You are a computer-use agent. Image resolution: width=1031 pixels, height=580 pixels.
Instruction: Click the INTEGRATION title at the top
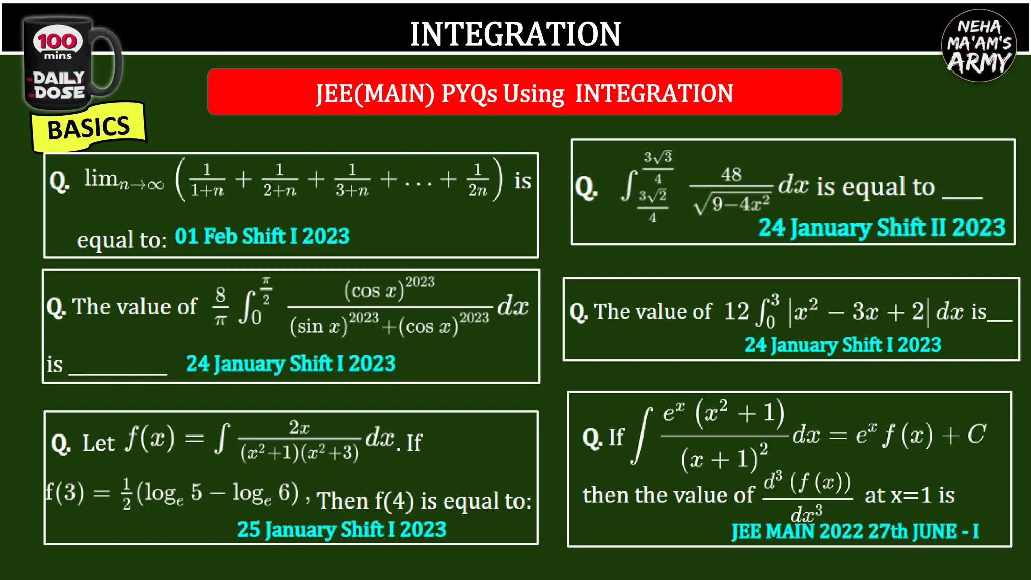[x=515, y=34]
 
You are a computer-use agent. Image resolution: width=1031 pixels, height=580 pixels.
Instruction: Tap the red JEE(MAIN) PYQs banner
[x=524, y=93]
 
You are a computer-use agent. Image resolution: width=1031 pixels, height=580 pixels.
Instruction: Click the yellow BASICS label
[x=89, y=128]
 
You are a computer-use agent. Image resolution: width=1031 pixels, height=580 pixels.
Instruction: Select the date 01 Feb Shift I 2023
[x=262, y=236]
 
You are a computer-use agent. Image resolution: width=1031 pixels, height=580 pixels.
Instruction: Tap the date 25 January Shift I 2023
[x=341, y=529]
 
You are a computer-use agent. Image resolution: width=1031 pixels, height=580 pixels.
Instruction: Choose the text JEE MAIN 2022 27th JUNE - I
[x=855, y=531]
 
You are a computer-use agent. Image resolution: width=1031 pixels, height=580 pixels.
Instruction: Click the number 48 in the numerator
[x=731, y=175]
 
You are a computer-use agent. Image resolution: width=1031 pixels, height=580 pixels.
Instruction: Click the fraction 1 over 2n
[x=477, y=180]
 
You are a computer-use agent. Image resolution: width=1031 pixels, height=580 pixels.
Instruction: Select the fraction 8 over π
[x=220, y=306]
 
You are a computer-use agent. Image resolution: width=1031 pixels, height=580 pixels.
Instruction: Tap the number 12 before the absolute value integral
[x=737, y=311]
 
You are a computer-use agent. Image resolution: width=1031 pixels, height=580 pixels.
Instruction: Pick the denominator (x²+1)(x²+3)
[x=300, y=453]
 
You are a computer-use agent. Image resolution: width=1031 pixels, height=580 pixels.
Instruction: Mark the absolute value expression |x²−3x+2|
[x=859, y=311]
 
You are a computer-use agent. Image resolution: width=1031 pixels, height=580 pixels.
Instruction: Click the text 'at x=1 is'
[x=910, y=495]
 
